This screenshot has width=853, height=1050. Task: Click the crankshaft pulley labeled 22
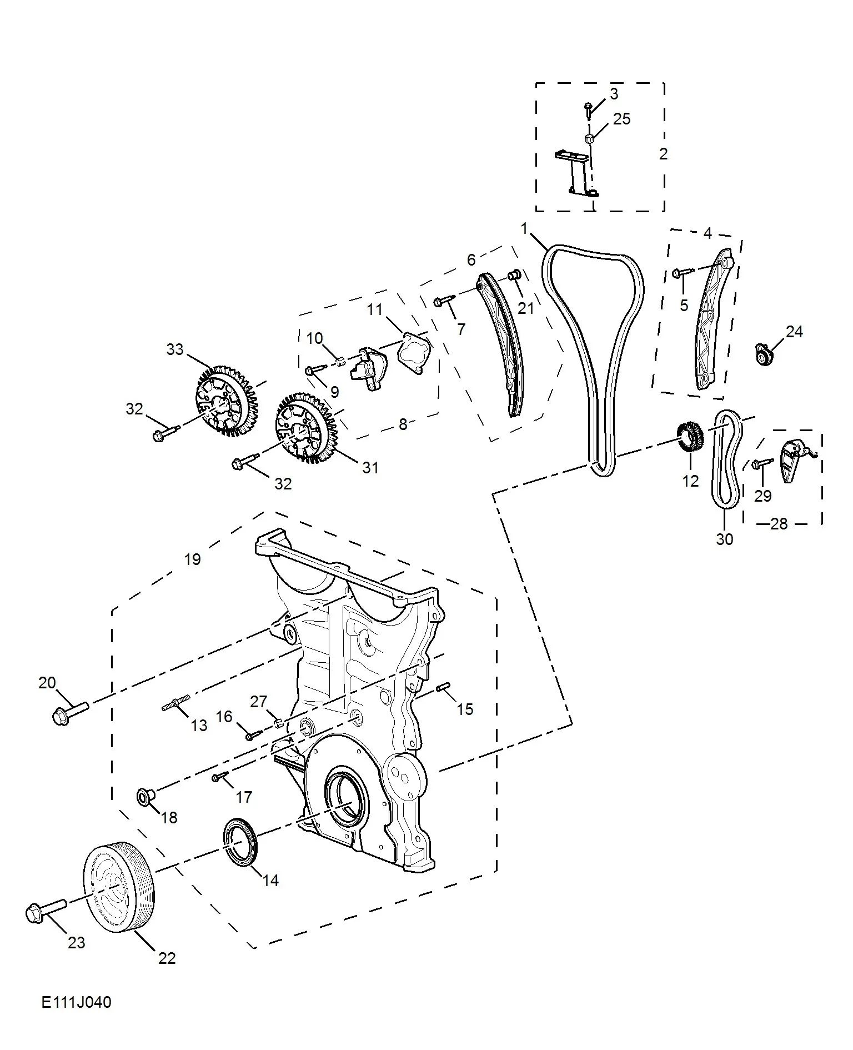click(x=119, y=887)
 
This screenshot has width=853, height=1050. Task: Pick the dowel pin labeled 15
click(x=443, y=687)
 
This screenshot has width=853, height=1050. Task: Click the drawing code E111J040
click(x=76, y=1003)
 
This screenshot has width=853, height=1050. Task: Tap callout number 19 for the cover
click(x=192, y=559)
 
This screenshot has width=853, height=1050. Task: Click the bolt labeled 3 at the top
click(x=588, y=109)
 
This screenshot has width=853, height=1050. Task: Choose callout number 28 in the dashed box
click(x=779, y=523)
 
